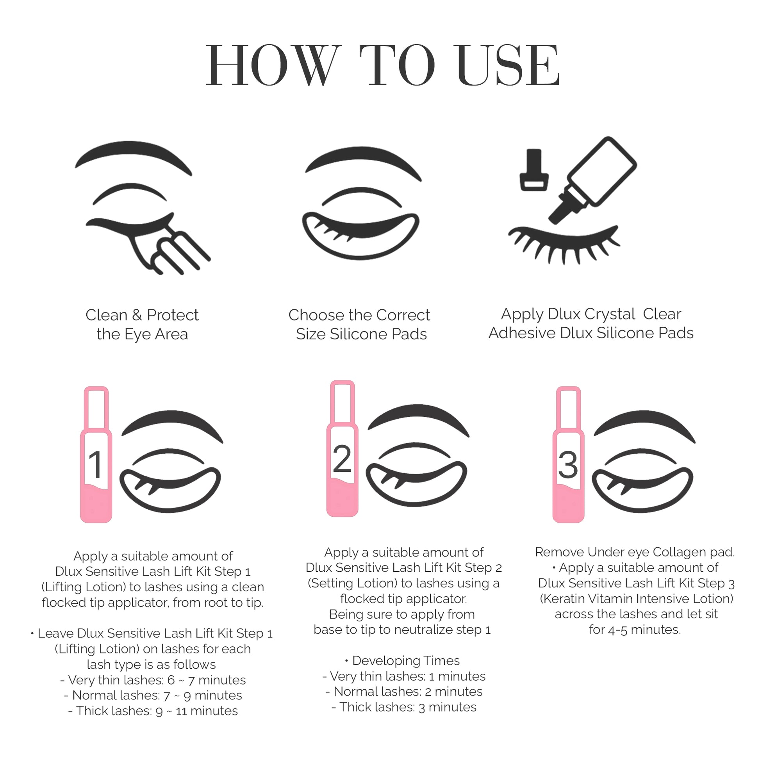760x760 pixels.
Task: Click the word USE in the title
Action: click(x=508, y=65)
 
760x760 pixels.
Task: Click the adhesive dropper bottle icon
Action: click(x=592, y=180)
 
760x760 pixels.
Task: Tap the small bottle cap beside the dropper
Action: click(x=534, y=170)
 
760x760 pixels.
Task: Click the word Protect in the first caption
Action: click(x=173, y=315)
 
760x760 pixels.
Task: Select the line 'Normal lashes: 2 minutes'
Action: click(x=404, y=691)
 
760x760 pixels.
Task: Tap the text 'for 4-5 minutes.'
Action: click(x=635, y=630)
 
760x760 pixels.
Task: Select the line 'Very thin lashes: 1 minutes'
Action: click(x=404, y=676)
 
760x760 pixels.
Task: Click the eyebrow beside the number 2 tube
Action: click(x=419, y=420)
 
